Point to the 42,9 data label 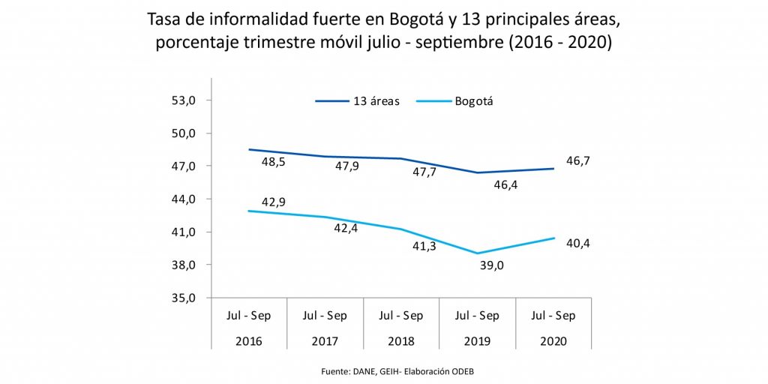[272, 202]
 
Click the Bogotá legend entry [478, 101]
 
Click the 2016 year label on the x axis [249, 340]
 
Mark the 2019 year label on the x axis [477, 340]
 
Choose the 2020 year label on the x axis [553, 340]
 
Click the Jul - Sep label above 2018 [400, 316]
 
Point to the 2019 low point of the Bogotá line [477, 253]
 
